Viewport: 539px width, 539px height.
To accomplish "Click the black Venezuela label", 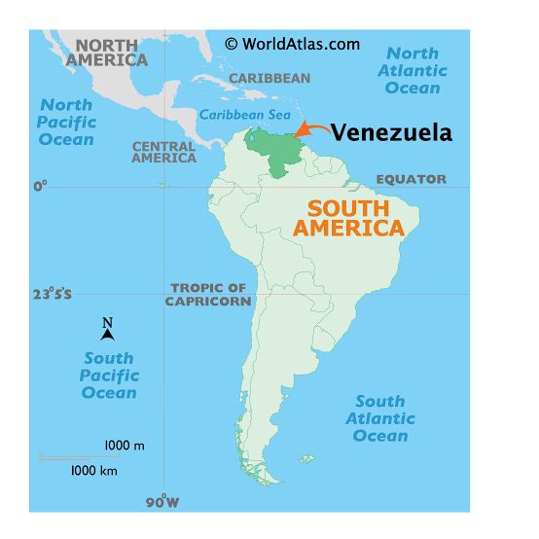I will (x=391, y=133).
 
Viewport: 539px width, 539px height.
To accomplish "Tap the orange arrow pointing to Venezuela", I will (x=309, y=128).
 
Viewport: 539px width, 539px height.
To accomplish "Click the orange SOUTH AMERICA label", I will (x=348, y=219).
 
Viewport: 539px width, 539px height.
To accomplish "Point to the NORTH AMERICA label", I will (x=107, y=53).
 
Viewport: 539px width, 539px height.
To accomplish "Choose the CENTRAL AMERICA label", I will (x=163, y=152).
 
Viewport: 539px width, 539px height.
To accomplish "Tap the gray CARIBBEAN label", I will (x=269, y=79).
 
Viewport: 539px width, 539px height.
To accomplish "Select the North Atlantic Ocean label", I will (x=413, y=70).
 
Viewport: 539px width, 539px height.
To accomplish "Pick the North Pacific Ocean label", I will (x=67, y=122).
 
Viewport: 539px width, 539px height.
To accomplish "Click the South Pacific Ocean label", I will (x=109, y=376).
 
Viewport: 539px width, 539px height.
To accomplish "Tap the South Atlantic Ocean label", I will (x=380, y=418).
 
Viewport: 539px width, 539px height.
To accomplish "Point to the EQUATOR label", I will (x=412, y=179).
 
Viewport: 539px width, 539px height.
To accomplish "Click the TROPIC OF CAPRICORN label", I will (x=208, y=295).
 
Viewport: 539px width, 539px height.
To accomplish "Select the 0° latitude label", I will (x=40, y=186).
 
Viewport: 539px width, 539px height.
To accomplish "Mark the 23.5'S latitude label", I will (x=51, y=294).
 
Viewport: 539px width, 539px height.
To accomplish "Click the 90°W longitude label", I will (x=162, y=503).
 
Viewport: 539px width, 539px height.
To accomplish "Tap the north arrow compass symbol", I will (x=108, y=330).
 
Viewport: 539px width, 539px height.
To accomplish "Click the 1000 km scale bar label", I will (x=93, y=470).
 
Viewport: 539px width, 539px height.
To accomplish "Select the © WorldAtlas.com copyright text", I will (x=292, y=44).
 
